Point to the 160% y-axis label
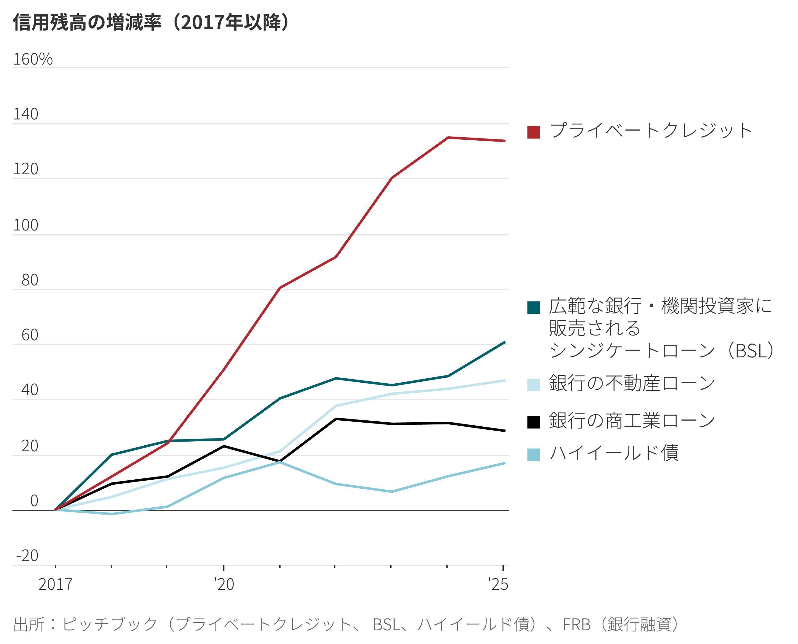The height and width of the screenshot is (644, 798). (x=33, y=59)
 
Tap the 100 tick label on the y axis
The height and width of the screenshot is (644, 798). (x=26, y=225)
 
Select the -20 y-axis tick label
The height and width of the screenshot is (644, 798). (x=27, y=556)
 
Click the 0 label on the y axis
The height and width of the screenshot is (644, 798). (x=34, y=501)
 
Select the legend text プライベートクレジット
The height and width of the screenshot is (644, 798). (x=651, y=131)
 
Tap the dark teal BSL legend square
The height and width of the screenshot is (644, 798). (x=533, y=307)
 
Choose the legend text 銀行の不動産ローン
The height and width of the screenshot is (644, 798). (x=632, y=383)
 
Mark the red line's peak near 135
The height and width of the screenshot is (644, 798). (x=448, y=138)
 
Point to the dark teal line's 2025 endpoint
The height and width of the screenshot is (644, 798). (x=505, y=342)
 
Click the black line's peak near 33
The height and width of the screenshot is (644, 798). (x=336, y=419)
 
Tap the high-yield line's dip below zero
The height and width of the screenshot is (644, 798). (x=111, y=514)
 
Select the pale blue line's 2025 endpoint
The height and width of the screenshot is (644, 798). (x=505, y=380)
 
